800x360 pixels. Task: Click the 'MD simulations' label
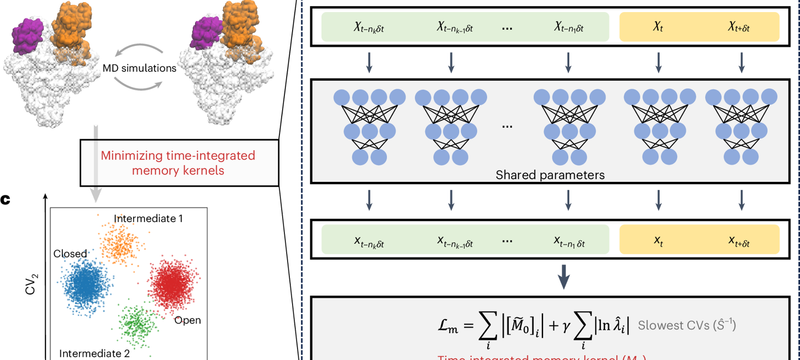(140, 68)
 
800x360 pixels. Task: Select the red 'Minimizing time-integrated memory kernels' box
(178, 163)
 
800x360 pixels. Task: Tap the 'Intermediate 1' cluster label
(148, 219)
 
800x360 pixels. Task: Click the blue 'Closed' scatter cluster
(84, 284)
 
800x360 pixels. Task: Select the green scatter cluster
(135, 323)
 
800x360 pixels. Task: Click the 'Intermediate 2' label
(94, 353)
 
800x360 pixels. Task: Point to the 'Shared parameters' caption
(550, 175)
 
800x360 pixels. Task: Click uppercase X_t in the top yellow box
(658, 27)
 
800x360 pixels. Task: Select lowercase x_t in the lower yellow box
(658, 241)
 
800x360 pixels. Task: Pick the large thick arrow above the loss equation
(564, 278)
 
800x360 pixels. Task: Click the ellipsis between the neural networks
(507, 126)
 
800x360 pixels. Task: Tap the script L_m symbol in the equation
(445, 326)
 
